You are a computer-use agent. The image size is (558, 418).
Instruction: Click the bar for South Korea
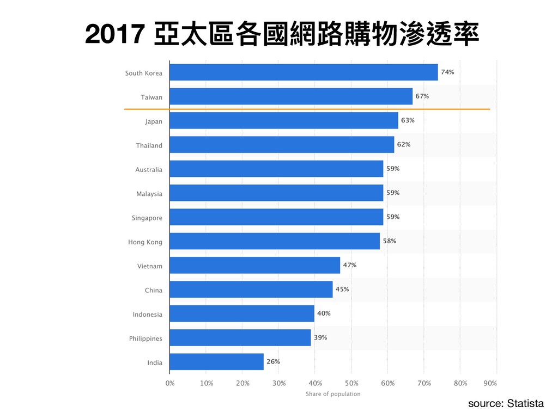coord(304,72)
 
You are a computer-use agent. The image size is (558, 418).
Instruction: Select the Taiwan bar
coord(291,96)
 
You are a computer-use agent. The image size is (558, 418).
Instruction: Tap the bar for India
coord(216,362)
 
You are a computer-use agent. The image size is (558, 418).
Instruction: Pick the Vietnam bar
coord(254,266)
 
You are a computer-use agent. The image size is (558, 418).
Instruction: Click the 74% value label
coord(447,72)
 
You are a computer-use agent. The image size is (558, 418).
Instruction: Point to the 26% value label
coord(273,361)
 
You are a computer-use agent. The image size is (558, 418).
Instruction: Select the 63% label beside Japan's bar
coord(408,120)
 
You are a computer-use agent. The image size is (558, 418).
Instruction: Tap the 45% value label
coord(342,289)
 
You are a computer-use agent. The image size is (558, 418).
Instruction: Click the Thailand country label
coord(149,145)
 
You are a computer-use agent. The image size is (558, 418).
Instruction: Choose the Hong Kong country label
coord(145,242)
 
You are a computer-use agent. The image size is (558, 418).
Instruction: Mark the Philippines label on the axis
coord(145,339)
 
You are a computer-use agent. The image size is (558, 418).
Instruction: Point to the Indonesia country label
coord(147,314)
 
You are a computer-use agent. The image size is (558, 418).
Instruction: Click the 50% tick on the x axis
coord(351,383)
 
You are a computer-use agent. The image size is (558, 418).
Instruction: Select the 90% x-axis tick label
coord(490,383)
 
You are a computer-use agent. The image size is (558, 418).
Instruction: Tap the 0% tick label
coord(170,383)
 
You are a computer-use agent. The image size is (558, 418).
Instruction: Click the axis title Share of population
coord(333,394)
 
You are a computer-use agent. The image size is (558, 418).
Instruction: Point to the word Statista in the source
coord(525,403)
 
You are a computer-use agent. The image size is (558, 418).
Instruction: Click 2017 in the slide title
coord(113,35)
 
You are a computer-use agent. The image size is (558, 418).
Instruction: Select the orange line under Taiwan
coord(307,109)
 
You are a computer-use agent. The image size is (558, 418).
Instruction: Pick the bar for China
coord(251,290)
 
